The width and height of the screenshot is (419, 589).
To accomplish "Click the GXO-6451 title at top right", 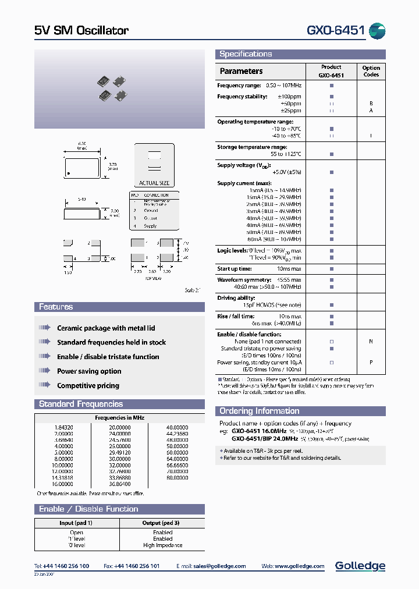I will click(x=335, y=30).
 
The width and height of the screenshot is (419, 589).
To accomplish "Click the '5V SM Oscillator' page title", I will click(x=81, y=30).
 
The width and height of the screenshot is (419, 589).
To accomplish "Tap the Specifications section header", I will click(x=246, y=54).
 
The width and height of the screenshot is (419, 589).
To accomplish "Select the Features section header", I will click(x=56, y=307).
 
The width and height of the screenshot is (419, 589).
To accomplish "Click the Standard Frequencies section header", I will click(x=81, y=404).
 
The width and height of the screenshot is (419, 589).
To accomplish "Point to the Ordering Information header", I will click(x=258, y=411).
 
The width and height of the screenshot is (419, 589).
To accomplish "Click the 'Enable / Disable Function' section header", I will click(x=88, y=509).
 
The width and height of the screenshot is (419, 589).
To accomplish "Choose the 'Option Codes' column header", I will click(x=371, y=71).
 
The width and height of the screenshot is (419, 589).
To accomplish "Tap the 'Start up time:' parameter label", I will click(x=235, y=269).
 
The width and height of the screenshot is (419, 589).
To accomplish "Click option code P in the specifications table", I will click(x=371, y=361).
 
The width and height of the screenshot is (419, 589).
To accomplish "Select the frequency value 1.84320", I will click(x=63, y=427).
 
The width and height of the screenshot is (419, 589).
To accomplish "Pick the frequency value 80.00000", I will click(x=177, y=478).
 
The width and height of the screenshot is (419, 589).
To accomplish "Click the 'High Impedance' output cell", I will click(x=162, y=545).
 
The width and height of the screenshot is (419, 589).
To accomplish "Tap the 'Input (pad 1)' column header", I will click(x=76, y=523).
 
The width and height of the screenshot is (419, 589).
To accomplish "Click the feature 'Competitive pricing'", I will click(x=88, y=385).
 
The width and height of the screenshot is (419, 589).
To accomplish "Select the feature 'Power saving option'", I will click(x=89, y=371).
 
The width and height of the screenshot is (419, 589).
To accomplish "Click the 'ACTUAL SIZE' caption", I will click(x=154, y=183).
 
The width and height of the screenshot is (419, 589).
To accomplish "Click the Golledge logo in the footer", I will click(x=360, y=566).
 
